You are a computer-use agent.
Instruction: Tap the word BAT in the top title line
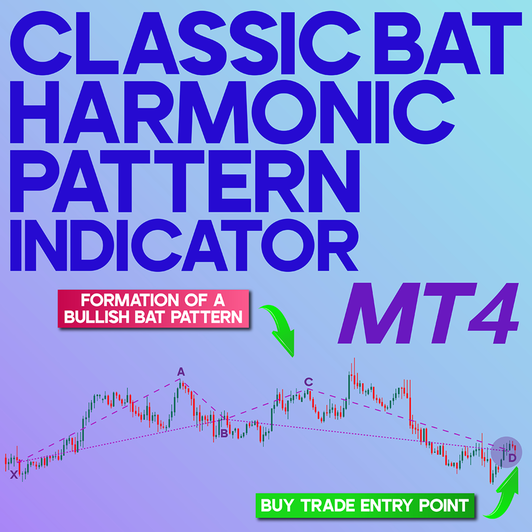point(447,43)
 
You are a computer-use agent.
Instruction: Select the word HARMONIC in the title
point(232,112)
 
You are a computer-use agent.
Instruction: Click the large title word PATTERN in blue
point(185,181)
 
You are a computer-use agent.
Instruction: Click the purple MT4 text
point(429,313)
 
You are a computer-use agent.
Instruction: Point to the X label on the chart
point(14,475)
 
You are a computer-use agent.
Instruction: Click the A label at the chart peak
point(181,372)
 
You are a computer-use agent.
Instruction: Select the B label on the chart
point(224,433)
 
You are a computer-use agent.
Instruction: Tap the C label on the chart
point(309,382)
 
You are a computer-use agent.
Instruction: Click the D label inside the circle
point(512,458)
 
